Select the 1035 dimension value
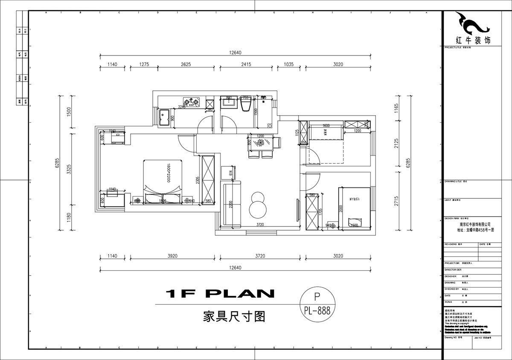tap(289, 64)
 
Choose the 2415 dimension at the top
tap(246, 64)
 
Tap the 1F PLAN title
tap(220, 293)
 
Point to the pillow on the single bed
tap(353, 222)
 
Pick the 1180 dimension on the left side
tap(69, 218)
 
